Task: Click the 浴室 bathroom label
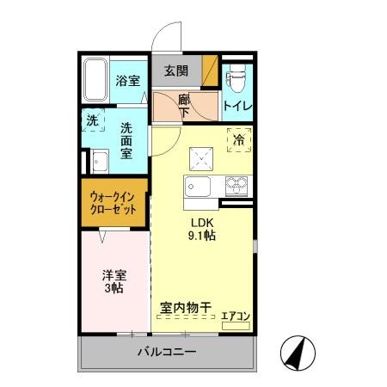(127, 81)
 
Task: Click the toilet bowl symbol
(235, 78)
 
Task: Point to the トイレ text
(236, 105)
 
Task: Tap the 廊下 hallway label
(184, 106)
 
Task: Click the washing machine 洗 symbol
(93, 120)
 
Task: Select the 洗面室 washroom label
(126, 138)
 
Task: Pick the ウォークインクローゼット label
(114, 203)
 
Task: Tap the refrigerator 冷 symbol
(239, 138)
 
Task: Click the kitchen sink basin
(198, 188)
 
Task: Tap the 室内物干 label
(186, 307)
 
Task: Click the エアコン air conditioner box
(235, 316)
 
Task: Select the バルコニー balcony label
(167, 353)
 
